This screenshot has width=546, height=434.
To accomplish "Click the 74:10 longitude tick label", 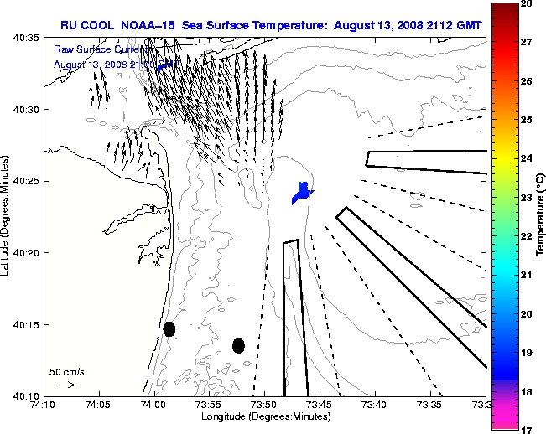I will click(x=44, y=405).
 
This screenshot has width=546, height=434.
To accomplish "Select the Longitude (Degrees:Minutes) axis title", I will click(x=264, y=416).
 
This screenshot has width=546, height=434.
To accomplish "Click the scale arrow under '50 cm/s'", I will click(x=64, y=385).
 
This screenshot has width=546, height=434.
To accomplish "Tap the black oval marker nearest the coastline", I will click(x=169, y=329).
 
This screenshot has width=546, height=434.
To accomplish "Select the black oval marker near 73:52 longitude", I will click(x=238, y=345).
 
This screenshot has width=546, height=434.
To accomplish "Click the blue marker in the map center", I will click(x=302, y=194).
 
